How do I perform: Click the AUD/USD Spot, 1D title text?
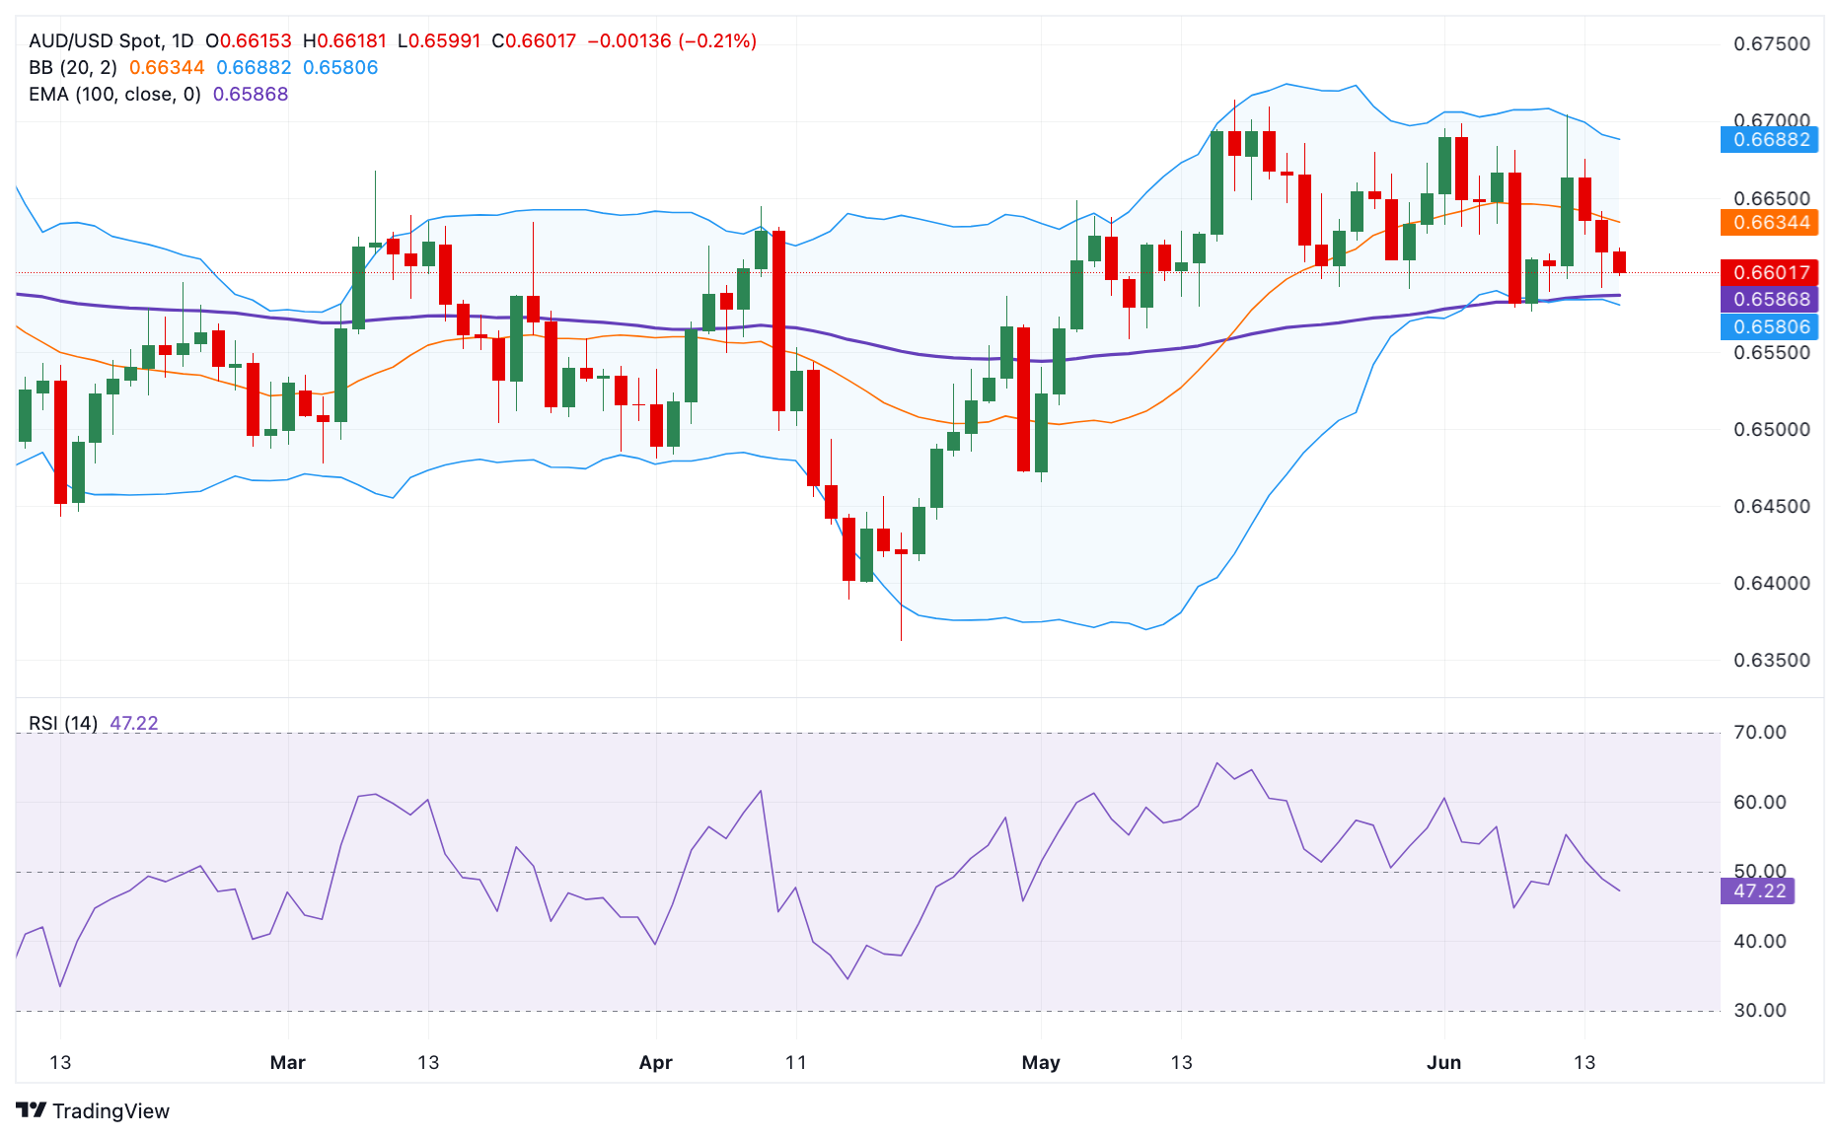[110, 40]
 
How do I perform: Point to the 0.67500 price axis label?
[1772, 43]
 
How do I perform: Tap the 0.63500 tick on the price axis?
[1772, 660]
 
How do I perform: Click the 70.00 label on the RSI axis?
[1760, 732]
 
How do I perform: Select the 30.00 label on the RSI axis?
[1760, 1010]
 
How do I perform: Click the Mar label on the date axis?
[287, 1062]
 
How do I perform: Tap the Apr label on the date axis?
[655, 1062]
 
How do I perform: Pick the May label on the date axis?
[1041, 1062]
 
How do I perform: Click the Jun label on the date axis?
[1443, 1062]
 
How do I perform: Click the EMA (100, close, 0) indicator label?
[114, 94]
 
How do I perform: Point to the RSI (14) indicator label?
[63, 723]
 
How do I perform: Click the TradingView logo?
[93, 1110]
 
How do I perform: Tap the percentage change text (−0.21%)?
[717, 40]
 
